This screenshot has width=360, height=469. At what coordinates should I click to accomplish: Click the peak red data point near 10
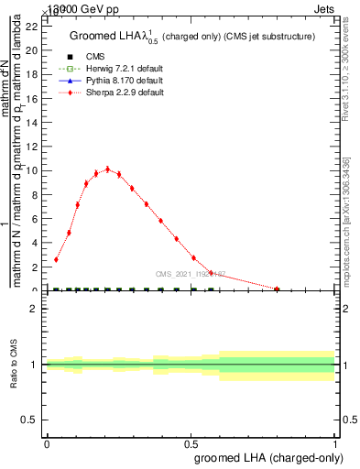tap(107, 169)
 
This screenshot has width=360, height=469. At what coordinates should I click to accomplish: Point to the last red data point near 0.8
tap(278, 289)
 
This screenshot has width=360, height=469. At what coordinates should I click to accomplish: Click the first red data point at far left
tap(56, 259)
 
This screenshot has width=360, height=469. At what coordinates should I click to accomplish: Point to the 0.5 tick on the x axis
tap(191, 442)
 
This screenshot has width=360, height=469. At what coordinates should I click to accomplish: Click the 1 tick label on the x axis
tap(335, 442)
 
